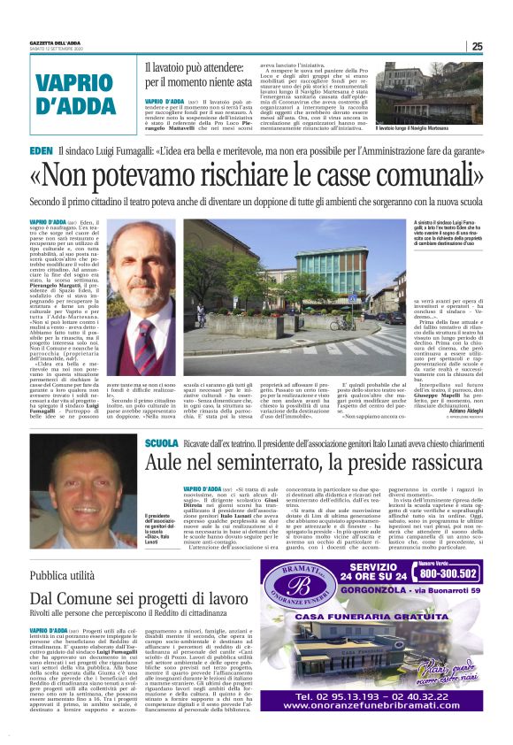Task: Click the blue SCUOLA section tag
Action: click(163, 442)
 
